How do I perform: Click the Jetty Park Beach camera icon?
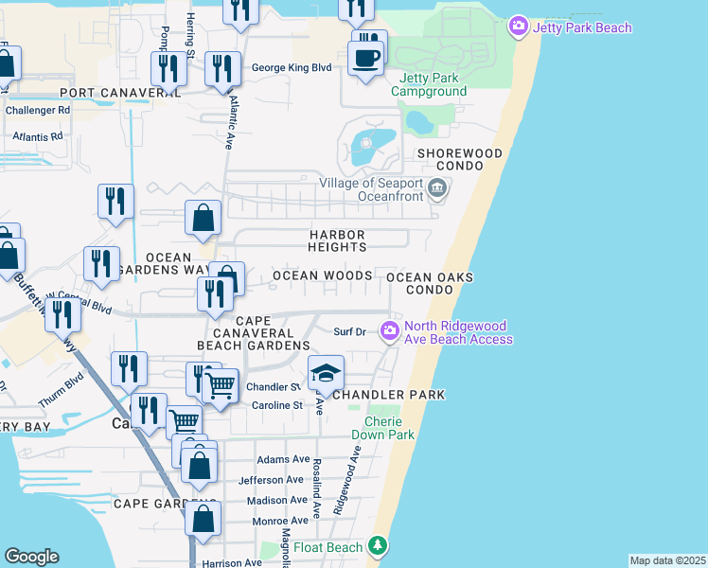[x=518, y=27]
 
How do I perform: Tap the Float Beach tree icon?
[x=378, y=546]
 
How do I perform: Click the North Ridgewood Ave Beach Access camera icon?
[x=388, y=330]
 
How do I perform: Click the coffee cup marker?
[x=365, y=58]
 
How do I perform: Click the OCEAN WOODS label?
[x=322, y=275]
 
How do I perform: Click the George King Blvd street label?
[x=292, y=67]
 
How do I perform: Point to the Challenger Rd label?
[x=38, y=110]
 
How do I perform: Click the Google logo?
[x=31, y=557]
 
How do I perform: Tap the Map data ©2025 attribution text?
[x=667, y=560]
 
